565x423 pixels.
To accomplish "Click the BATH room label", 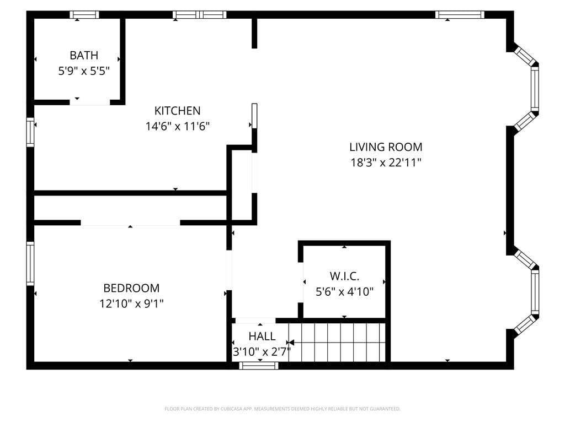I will (x=84, y=55).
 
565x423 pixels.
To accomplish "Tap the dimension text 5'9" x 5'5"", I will (x=84, y=70).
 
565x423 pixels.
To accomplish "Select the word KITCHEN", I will (x=177, y=111).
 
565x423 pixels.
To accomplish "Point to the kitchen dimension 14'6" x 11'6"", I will (x=177, y=126).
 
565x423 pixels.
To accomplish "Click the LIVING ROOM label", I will (x=386, y=147).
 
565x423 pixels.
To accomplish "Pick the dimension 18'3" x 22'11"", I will (x=386, y=162).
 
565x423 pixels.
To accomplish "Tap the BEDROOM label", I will (x=131, y=288).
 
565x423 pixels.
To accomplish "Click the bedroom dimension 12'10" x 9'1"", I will (x=131, y=303).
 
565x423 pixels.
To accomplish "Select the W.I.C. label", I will (x=344, y=276).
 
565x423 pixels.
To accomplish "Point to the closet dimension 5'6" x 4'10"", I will (x=344, y=291).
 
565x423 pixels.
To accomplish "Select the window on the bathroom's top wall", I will (x=84, y=15).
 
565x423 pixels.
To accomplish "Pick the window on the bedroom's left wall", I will (x=30, y=263).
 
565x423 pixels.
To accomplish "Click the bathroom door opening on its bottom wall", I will (x=89, y=102).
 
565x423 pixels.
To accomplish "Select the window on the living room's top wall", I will (x=460, y=15).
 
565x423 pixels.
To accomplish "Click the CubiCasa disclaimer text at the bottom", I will (x=282, y=409).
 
